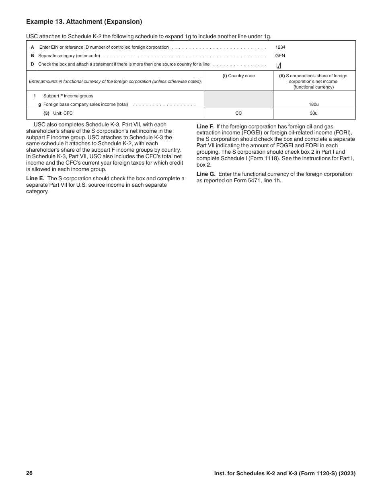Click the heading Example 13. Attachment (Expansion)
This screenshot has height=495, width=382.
[84, 22]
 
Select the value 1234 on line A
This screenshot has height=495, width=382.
[280, 47]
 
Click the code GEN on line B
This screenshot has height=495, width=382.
[280, 56]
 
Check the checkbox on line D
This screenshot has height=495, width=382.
[279, 66]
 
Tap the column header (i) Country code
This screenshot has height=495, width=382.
[238, 76]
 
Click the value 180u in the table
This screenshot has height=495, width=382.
[314, 105]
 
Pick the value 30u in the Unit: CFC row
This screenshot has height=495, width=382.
[314, 113]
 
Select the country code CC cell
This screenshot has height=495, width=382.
[238, 113]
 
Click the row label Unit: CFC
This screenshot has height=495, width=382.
[63, 113]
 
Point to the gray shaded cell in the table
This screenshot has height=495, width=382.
[238, 99]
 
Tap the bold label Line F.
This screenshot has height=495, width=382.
[205, 126]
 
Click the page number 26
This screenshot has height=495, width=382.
[29, 473]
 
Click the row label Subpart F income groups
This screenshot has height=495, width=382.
[68, 96]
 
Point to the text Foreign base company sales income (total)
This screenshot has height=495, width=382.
[86, 105]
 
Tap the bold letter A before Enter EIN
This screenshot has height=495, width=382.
[33, 47]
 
